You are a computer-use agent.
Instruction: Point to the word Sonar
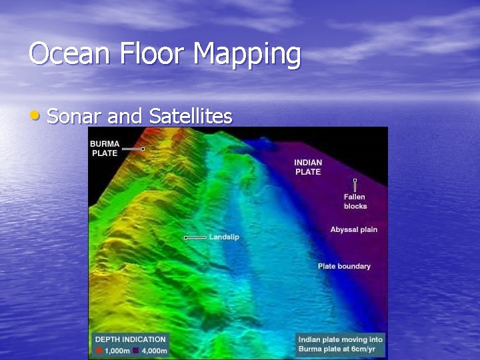click(75, 117)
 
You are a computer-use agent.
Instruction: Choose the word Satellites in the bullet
click(191, 117)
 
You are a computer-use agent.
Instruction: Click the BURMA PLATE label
click(104, 149)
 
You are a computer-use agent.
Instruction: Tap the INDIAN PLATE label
click(308, 167)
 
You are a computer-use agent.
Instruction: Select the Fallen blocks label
click(355, 201)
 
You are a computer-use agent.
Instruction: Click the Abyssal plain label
click(353, 229)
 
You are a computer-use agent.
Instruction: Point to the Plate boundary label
click(344, 266)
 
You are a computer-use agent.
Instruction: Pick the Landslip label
click(224, 237)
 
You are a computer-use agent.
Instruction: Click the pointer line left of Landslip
click(195, 237)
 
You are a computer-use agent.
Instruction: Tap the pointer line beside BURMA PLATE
click(133, 149)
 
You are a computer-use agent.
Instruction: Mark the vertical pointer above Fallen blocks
click(355, 186)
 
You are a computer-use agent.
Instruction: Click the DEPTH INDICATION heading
click(130, 339)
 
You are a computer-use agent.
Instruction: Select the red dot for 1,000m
click(99, 351)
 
